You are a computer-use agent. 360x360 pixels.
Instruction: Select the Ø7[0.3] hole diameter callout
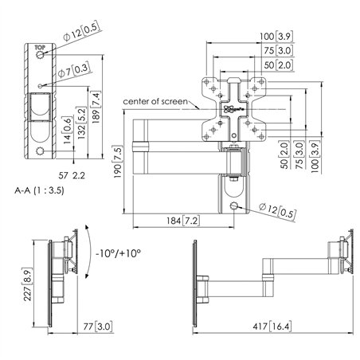76,69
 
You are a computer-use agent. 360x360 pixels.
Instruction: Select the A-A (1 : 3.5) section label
39,191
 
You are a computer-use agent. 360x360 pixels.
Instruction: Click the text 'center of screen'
155,102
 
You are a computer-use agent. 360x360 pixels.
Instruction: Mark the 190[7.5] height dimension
116,162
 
